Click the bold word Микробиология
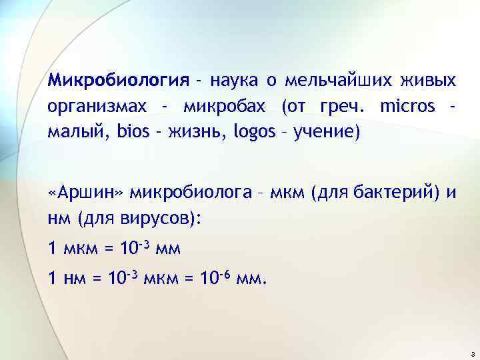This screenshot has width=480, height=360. click(x=119, y=81)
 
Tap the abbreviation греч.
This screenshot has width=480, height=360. click(x=339, y=107)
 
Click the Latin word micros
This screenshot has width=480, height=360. click(x=407, y=107)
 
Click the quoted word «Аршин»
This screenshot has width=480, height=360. click(x=86, y=193)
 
